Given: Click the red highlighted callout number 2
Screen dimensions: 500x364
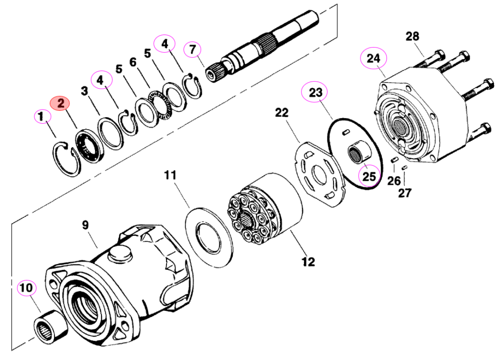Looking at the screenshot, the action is pos(60,103).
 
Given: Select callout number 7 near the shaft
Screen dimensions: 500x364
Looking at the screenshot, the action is pos(192,50).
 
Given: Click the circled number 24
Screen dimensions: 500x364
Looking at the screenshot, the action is pos(373,59).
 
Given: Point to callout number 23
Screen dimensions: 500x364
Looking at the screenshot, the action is pos(315,92).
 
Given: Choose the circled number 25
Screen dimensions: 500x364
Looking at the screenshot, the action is pos(369,176).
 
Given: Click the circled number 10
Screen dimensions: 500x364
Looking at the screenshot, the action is pos(26,288).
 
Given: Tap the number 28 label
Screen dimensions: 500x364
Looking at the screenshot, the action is pos(412,36).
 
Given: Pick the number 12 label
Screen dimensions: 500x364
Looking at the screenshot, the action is pos(308,261).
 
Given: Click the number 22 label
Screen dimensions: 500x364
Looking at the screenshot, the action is pos(281,112).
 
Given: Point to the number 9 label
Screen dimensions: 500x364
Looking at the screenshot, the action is pos(85,225).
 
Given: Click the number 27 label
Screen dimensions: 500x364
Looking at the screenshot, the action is pos(404,193).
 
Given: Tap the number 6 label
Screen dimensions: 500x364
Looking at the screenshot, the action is pos(133,62).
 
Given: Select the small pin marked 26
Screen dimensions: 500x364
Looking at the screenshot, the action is pos(394,159).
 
